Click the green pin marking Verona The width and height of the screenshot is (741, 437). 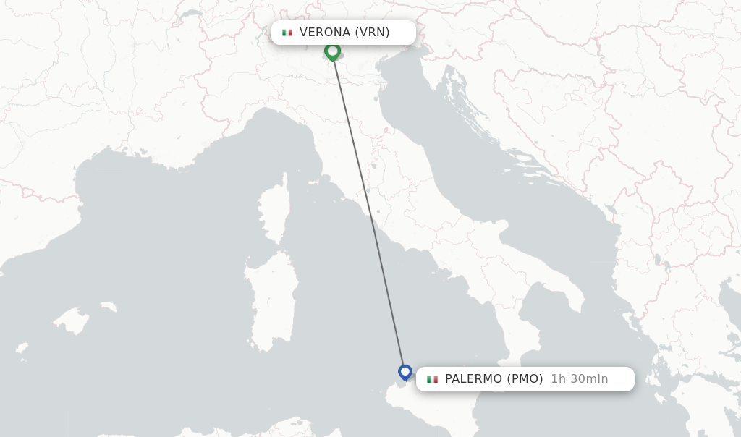click(332, 51)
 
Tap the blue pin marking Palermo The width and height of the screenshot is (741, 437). click(405, 372)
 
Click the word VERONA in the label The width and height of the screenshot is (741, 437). click(325, 32)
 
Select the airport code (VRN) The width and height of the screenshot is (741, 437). click(372, 32)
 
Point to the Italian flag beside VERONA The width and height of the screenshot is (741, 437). click(287, 33)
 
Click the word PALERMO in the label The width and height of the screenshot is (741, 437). click(473, 378)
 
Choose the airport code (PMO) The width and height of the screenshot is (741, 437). click(525, 378)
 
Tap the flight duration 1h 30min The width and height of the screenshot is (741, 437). click(579, 378)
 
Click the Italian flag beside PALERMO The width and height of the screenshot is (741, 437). click(432, 379)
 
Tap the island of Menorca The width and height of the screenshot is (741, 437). click(109, 307)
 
